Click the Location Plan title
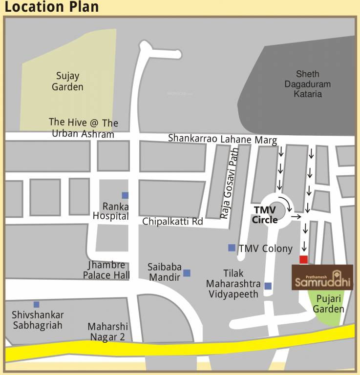(52, 7)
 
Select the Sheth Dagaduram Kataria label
(308, 83)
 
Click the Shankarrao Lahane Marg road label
(222, 139)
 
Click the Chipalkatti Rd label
(172, 221)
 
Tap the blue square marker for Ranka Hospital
(125, 195)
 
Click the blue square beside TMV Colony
(232, 248)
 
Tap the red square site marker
(303, 259)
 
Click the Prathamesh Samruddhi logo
(322, 277)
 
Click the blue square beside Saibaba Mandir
(187, 273)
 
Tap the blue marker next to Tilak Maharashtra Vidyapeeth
(268, 286)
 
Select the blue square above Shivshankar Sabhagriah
(36, 304)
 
